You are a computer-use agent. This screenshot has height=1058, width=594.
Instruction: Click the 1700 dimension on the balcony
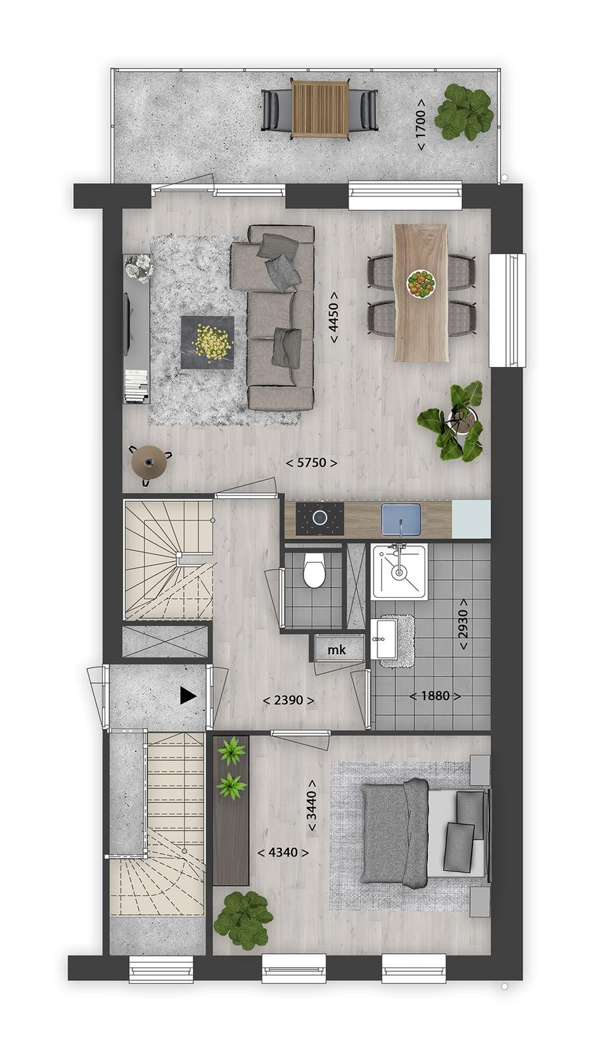[421, 124]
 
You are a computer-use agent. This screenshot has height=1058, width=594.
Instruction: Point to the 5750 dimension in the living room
[312, 463]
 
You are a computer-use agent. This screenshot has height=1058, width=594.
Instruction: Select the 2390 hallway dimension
[288, 700]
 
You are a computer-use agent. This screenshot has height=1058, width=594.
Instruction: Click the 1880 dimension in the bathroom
[435, 696]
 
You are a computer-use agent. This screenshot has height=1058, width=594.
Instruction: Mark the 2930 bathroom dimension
[463, 624]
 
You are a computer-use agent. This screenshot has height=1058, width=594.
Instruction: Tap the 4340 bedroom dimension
[283, 852]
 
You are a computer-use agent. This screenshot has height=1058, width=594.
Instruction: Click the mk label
[337, 651]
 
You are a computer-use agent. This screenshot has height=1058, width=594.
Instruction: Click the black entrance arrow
[188, 696]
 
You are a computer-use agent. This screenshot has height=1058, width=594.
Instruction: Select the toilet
[314, 570]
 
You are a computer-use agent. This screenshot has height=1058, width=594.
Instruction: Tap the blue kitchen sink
[401, 520]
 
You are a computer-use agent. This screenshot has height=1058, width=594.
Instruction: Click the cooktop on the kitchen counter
[320, 518]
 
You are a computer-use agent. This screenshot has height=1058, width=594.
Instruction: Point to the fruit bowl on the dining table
[421, 284]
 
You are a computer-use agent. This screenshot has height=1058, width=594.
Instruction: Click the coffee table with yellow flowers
[208, 343]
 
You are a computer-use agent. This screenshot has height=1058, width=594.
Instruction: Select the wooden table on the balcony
[319, 109]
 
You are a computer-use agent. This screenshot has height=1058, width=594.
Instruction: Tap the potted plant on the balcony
[463, 112]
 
